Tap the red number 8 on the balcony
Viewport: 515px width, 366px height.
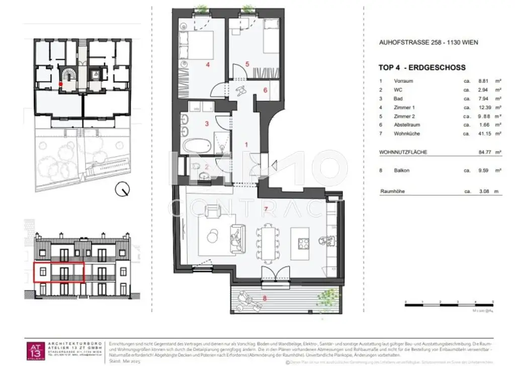(x=266, y=298)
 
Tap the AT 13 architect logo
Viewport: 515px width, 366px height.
(x=36, y=349)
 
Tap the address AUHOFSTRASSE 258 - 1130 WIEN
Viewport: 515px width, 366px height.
(x=428, y=43)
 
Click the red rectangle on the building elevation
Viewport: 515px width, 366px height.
(x=58, y=272)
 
